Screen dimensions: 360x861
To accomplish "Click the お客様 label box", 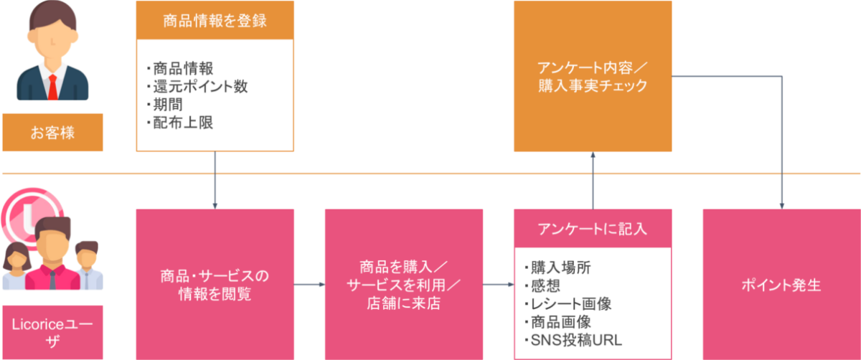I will pos(52,133).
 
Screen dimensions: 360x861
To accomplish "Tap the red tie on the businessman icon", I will pos(52,86).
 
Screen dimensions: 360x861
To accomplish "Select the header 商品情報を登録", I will pos(215,19).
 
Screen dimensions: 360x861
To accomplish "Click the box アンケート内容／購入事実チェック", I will pos(593,76).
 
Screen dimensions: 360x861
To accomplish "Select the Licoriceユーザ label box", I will pos(52,332).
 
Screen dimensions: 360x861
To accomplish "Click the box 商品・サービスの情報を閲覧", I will pos(215,284).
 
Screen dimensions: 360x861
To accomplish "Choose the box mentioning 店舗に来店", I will pos(403,284).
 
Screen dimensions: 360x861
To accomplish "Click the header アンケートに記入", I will pos(593,228).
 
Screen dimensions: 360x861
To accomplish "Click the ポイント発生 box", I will pos(781,285).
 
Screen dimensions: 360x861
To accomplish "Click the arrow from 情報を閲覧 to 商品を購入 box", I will pos(309,285).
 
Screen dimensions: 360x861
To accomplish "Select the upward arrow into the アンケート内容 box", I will pos(593,179).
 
